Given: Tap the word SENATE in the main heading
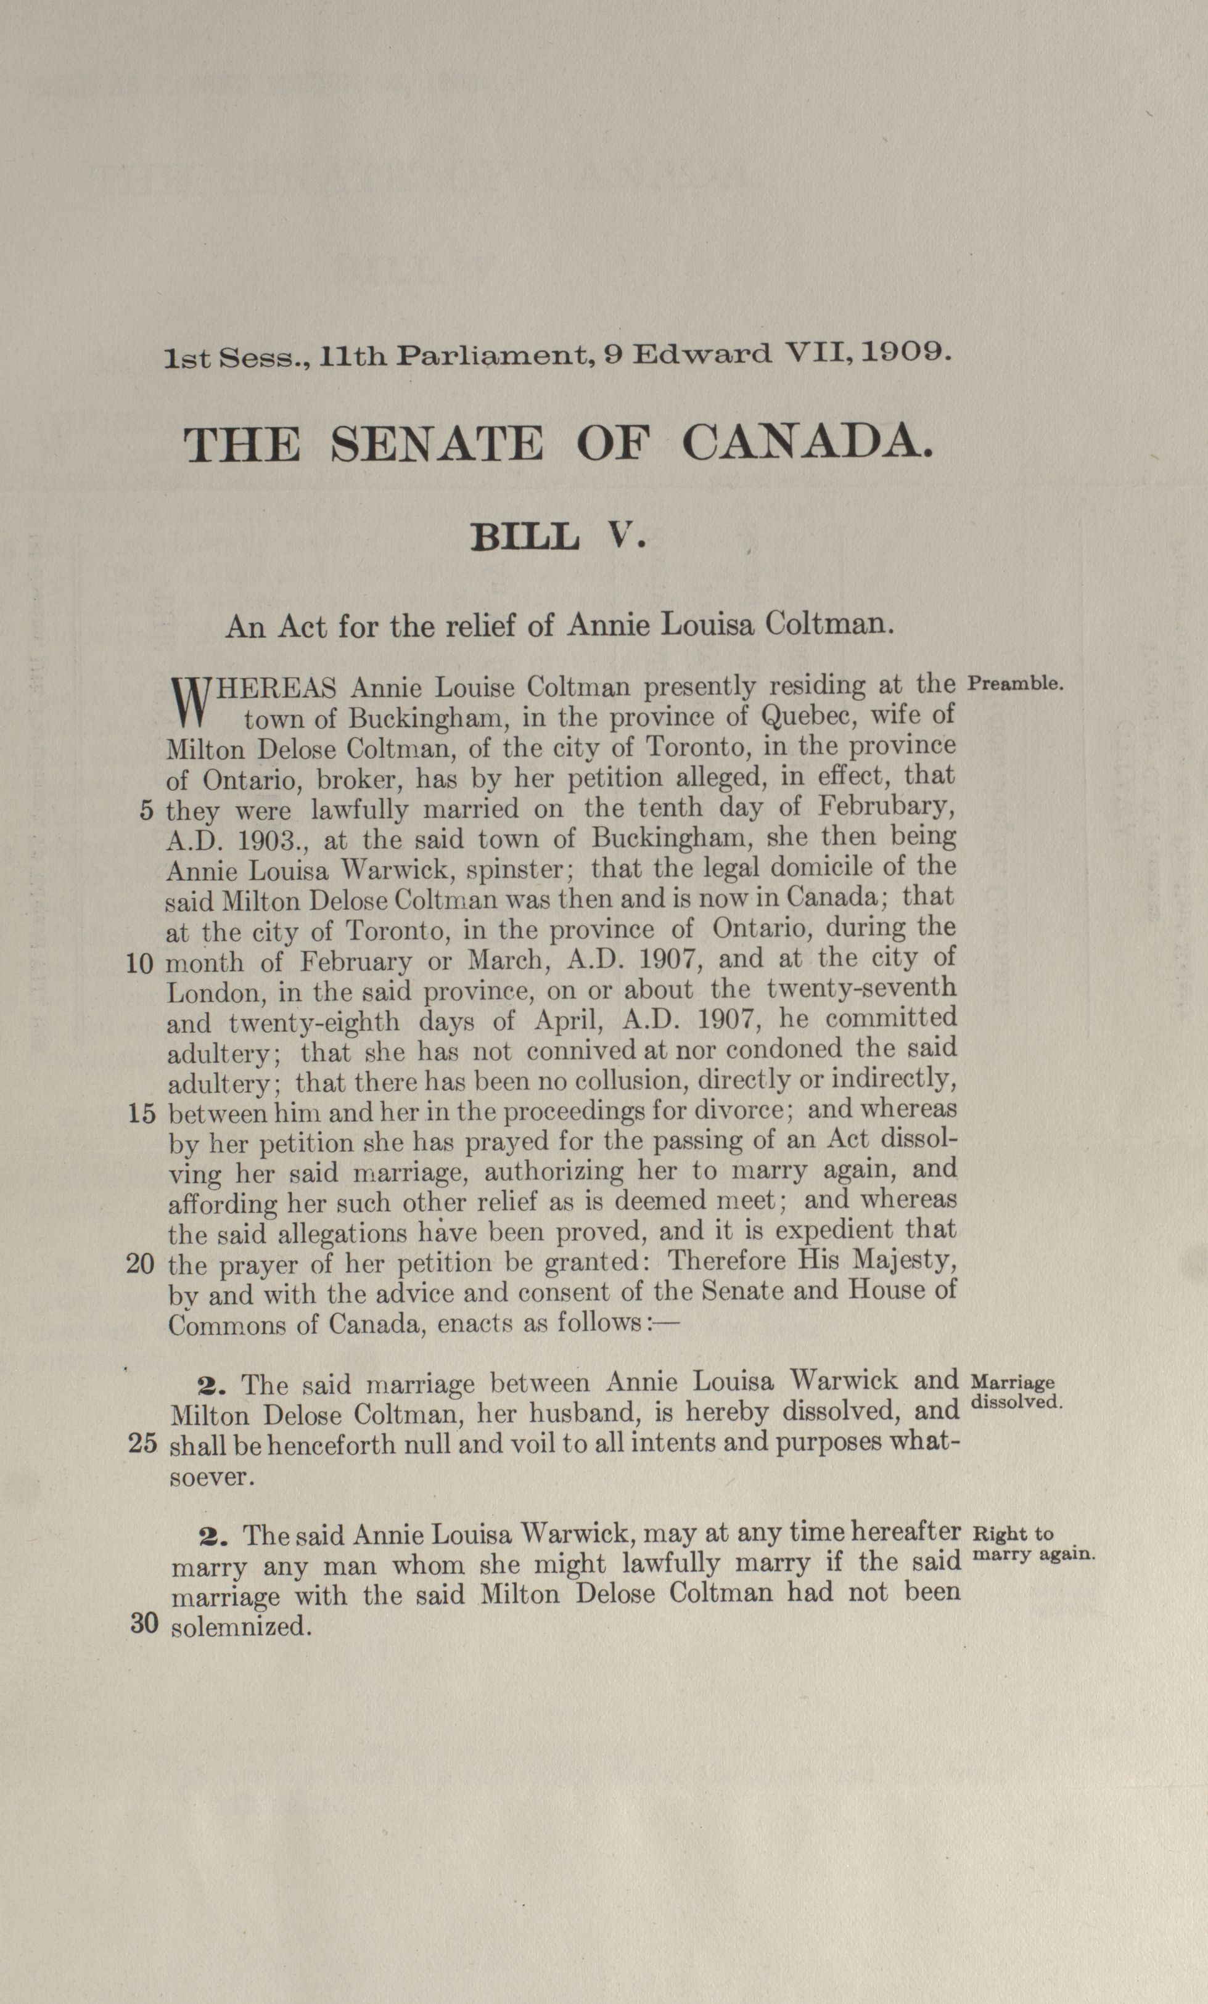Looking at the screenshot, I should coord(438,445).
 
